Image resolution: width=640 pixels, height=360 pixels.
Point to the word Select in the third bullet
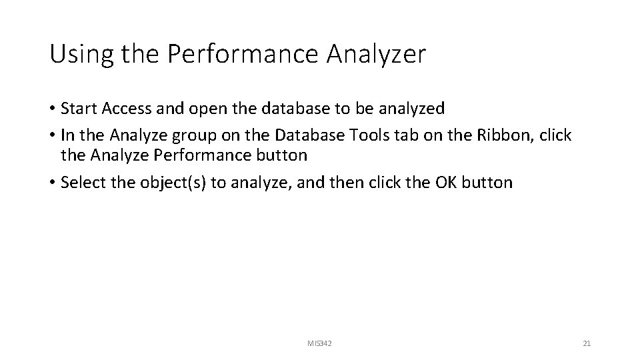tap(81, 183)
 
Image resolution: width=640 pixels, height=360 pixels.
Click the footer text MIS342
tap(320, 343)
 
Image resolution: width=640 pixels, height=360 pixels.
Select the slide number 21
tap(587, 343)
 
